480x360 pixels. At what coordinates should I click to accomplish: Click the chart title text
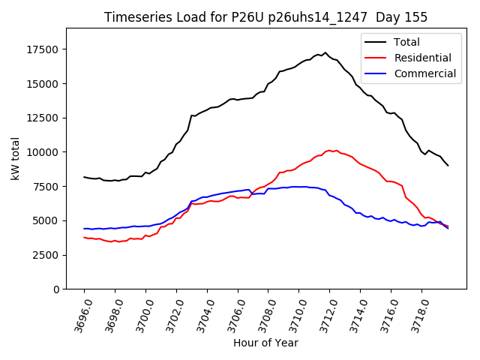point(266,17)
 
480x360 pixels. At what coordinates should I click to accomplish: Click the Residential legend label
point(422,58)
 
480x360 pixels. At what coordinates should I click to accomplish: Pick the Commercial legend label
point(424,73)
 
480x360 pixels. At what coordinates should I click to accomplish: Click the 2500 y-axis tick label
point(48,255)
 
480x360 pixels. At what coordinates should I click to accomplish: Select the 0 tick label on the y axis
point(57,289)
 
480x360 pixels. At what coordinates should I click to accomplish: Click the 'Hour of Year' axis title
point(265,343)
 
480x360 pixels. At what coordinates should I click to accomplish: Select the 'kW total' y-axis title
point(15,159)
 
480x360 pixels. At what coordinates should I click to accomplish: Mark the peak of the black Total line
point(325,52)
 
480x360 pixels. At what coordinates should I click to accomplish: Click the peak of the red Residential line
point(329,150)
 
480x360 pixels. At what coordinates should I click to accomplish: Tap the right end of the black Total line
point(448,165)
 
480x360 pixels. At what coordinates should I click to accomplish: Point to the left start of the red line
point(84,237)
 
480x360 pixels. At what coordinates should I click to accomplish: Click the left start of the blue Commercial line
point(84,229)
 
